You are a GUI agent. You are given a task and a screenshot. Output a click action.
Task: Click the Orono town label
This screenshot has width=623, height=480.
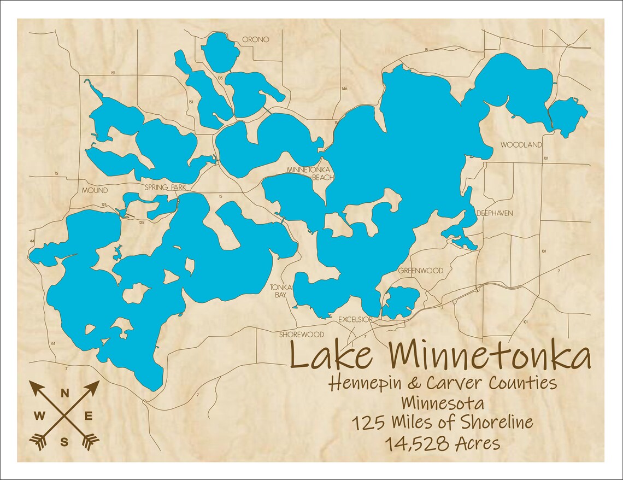pyautogui.click(x=256, y=40)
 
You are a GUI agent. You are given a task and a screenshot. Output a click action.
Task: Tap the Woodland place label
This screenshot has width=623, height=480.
pyautogui.click(x=521, y=145)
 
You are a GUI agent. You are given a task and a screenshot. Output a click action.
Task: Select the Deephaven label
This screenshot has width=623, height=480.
pyautogui.click(x=495, y=213)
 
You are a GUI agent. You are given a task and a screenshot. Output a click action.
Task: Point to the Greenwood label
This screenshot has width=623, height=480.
pyautogui.click(x=420, y=271)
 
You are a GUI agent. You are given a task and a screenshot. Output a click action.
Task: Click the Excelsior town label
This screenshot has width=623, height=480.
pyautogui.click(x=355, y=319)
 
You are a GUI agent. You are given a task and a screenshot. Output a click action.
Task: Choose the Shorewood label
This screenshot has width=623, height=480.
pyautogui.click(x=302, y=335)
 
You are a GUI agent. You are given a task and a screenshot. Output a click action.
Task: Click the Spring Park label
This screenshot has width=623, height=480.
pyautogui.click(x=166, y=188)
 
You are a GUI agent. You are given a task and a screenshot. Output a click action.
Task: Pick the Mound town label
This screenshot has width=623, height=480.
pyautogui.click(x=95, y=191)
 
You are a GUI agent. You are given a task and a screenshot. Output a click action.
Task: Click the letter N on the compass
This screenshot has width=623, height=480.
pyautogui.click(x=64, y=393)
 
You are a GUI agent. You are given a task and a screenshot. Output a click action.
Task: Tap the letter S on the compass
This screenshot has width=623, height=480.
pyautogui.click(x=64, y=442)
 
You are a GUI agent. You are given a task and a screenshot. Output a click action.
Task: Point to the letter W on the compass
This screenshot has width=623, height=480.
pyautogui.click(x=40, y=417)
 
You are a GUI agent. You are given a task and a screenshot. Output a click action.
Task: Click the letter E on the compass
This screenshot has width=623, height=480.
pyautogui.click(x=89, y=417)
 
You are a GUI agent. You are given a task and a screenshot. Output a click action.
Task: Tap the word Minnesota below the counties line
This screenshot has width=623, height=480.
pyautogui.click(x=443, y=403)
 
